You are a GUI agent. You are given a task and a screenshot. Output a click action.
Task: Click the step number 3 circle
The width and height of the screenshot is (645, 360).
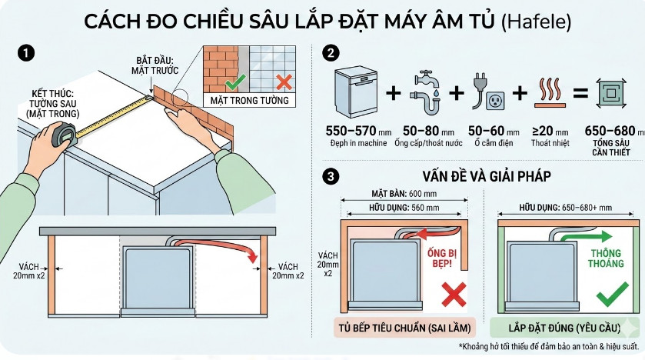[331, 176]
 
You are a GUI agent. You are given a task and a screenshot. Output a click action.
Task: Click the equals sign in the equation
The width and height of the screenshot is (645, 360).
[581, 94]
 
